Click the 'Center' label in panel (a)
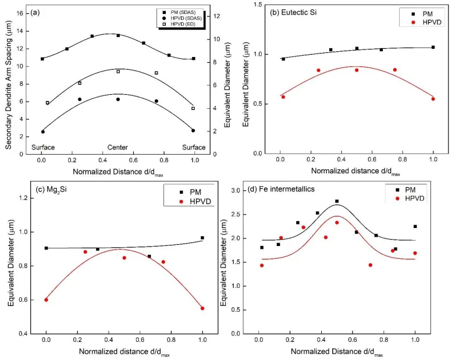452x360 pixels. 118,147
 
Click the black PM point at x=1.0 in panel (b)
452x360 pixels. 433,48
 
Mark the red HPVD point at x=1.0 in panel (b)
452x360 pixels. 433,99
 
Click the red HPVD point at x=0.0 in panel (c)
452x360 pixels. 46,300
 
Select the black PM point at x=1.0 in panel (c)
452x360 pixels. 202,237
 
